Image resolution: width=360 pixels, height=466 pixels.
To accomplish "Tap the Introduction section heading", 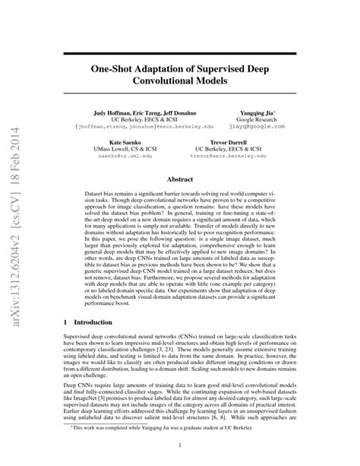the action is pos(102,303).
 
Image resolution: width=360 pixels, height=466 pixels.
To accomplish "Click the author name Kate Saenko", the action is pos(115,142).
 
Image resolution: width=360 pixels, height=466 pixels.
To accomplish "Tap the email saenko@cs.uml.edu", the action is pos(115,157).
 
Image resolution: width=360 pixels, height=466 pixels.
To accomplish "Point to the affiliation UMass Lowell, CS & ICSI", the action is pos(115,150).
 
